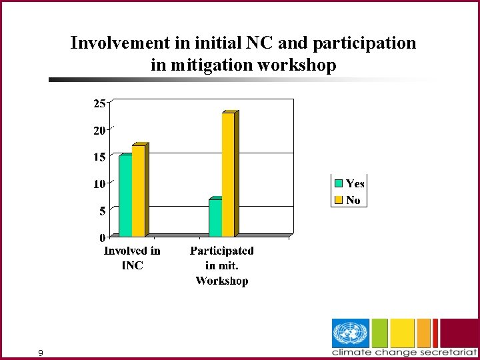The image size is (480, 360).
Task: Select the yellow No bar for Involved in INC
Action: pos(138,191)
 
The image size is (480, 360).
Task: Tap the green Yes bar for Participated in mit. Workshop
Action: pos(215,218)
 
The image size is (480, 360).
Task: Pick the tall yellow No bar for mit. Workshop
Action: pos(228,175)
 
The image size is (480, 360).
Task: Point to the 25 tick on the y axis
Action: pos(99,103)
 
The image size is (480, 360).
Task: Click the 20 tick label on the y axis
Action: pos(99,131)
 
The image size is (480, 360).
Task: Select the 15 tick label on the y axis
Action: pos(99,157)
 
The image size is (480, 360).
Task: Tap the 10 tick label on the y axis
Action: pos(99,184)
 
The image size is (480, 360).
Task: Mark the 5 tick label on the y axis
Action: pos(101,211)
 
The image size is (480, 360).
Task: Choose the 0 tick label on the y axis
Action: pos(102,237)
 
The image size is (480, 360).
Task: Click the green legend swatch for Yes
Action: pos(339,183)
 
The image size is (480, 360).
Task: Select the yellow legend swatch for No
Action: pos(339,199)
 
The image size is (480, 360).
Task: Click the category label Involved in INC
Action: pos(132,258)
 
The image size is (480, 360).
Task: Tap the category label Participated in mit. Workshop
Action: pos(222,265)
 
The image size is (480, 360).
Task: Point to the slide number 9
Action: pos(41,353)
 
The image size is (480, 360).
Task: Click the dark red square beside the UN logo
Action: pos(460,333)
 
